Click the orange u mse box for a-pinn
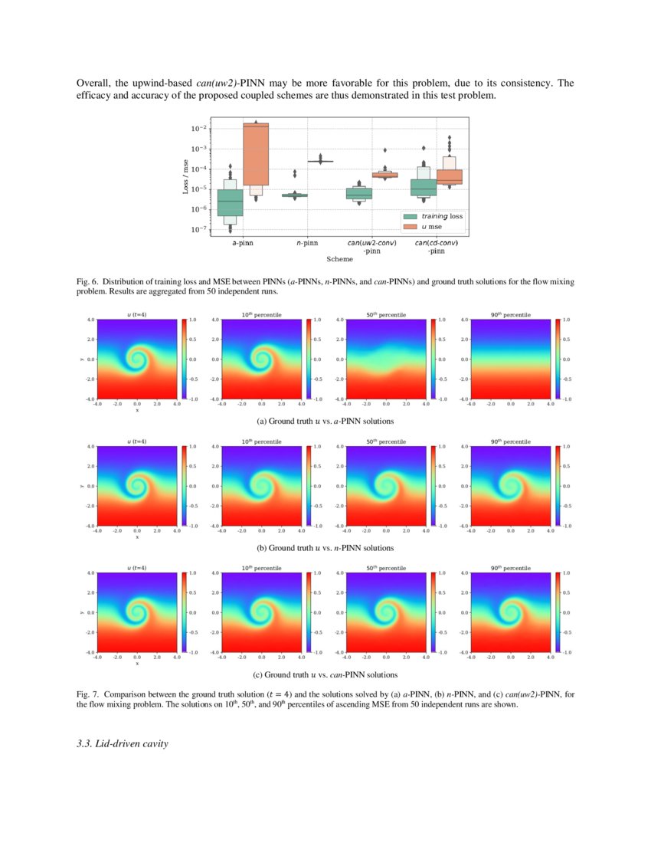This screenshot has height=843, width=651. [x=255, y=153]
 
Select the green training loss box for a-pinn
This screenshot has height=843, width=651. [x=231, y=202]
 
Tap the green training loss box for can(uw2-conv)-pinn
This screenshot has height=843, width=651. [x=359, y=193]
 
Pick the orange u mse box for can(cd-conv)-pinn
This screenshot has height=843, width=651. [x=449, y=176]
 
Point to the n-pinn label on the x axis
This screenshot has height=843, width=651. [x=307, y=242]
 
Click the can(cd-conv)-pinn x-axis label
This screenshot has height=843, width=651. [x=437, y=246]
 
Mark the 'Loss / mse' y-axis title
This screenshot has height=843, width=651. [x=186, y=175]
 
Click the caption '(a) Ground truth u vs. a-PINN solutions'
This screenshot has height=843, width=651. [x=325, y=421]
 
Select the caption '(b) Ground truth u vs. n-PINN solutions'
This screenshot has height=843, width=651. [x=325, y=548]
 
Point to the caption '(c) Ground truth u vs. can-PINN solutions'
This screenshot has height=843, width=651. [x=325, y=674]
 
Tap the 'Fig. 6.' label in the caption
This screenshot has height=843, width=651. [x=89, y=282]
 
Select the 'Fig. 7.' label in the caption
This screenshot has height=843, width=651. [x=89, y=694]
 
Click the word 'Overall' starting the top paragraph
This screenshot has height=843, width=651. [x=94, y=82]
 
